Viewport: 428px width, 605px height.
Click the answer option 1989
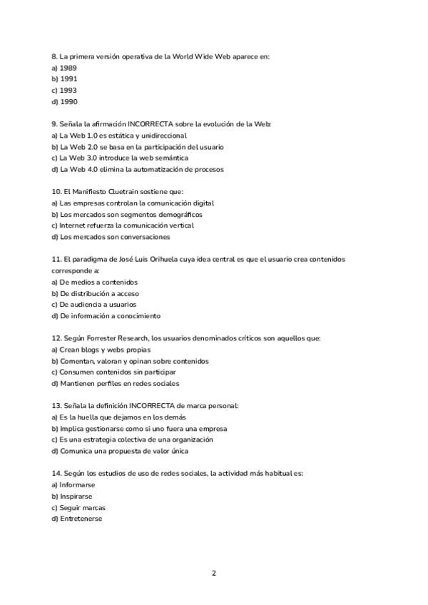[x=64, y=67]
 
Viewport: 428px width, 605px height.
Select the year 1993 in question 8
[x=64, y=90]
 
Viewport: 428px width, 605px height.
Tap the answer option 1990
[x=64, y=101]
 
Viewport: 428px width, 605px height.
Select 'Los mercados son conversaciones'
[x=111, y=237]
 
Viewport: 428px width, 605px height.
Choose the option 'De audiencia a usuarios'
[x=92, y=305]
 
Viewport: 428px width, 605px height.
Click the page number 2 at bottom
[x=213, y=573]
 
